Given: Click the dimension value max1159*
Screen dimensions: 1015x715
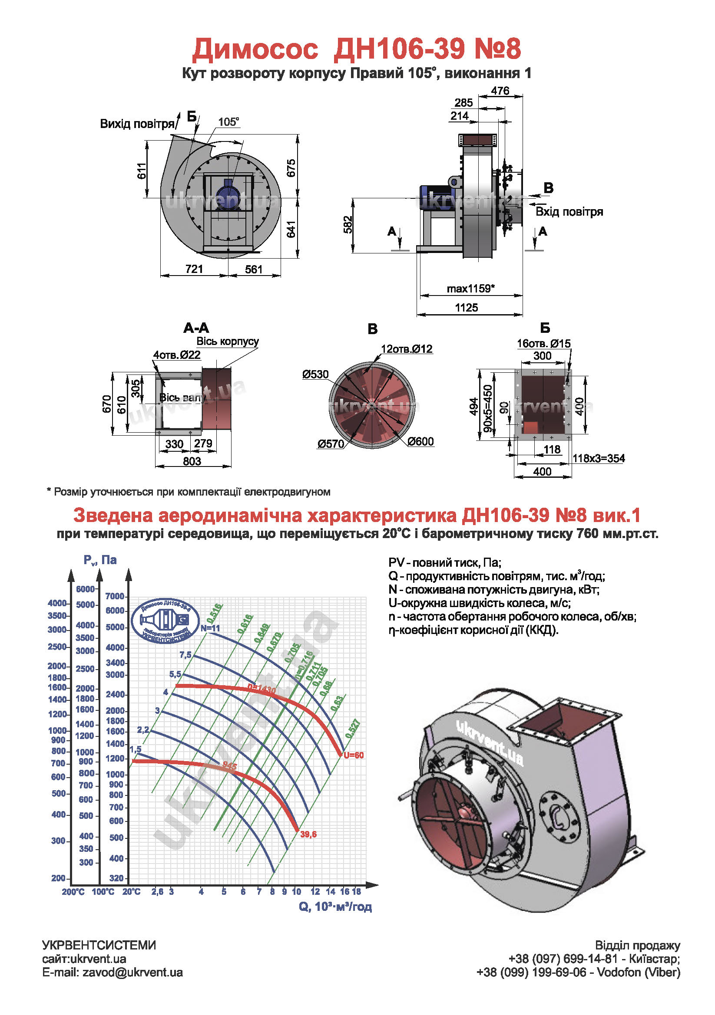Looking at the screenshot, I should (x=470, y=289).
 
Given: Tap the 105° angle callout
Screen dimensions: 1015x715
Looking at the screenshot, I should (x=229, y=122).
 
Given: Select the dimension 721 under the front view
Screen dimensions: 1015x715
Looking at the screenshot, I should (x=194, y=269).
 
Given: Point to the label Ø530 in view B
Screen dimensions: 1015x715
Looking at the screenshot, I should (x=315, y=374).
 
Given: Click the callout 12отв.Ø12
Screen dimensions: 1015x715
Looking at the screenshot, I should (x=407, y=349).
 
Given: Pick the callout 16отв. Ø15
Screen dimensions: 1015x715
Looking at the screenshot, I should (x=544, y=344).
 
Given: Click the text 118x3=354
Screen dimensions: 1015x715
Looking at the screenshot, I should (x=599, y=458).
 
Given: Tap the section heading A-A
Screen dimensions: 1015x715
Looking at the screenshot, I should (x=196, y=328).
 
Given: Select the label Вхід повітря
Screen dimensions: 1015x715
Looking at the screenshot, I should (x=569, y=212).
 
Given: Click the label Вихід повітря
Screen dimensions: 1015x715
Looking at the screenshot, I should (x=137, y=124).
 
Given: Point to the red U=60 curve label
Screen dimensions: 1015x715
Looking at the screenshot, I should (x=354, y=756).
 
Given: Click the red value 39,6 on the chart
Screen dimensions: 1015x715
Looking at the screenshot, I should (x=308, y=834).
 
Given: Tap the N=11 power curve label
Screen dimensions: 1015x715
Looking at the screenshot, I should (x=210, y=628).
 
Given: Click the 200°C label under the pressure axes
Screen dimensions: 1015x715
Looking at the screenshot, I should (x=73, y=892).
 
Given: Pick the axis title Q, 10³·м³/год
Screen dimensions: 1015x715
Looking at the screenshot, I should (x=335, y=907).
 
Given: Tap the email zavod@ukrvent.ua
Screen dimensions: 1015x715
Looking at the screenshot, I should (x=132, y=972).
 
